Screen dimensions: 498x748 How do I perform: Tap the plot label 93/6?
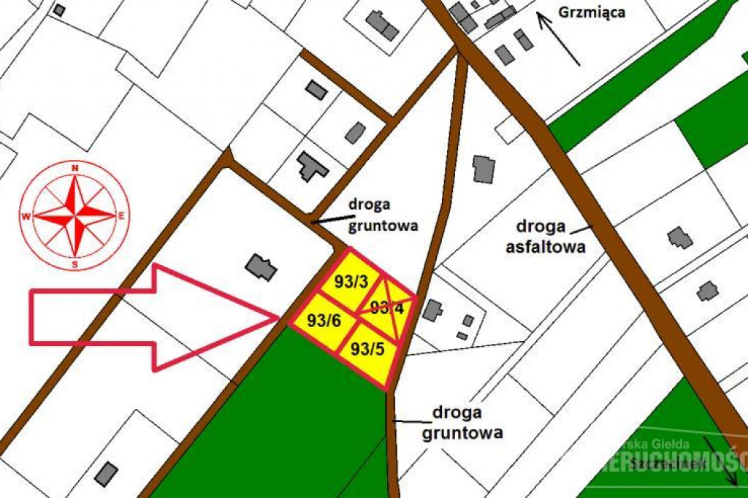(x=324, y=321)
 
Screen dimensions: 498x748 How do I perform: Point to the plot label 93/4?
(x=387, y=307)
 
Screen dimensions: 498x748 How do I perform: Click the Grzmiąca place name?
(x=592, y=12)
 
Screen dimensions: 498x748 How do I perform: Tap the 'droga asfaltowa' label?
(x=546, y=236)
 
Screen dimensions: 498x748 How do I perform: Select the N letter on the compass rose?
(x=75, y=169)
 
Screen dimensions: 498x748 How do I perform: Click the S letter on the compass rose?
(x=75, y=264)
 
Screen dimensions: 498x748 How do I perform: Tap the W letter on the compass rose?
(x=26, y=216)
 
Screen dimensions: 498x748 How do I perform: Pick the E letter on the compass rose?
(x=122, y=215)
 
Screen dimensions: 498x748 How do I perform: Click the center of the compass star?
(x=75, y=215)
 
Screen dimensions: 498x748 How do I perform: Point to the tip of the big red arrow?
(x=278, y=318)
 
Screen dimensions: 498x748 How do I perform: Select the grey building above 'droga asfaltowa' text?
(x=484, y=169)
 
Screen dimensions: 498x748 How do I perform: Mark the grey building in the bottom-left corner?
(x=107, y=473)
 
